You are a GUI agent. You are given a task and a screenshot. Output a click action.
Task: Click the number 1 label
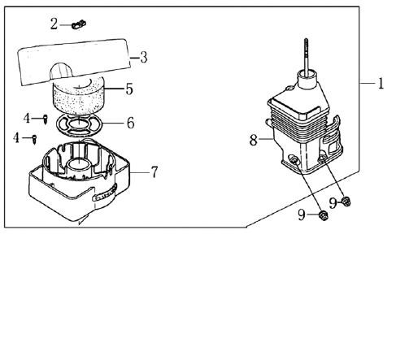tap(381, 84)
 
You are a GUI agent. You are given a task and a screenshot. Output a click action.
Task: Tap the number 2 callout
tap(54, 24)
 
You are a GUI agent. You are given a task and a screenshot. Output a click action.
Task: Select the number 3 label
tap(144, 58)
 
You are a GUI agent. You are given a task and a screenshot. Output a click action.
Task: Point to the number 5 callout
tap(129, 89)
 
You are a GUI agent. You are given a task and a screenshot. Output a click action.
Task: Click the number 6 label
tap(131, 123)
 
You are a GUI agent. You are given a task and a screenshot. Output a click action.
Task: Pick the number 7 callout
tap(154, 172)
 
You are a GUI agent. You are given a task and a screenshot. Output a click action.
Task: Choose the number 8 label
tap(254, 141)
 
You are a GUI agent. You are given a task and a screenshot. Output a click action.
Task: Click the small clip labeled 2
tap(79, 24)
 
